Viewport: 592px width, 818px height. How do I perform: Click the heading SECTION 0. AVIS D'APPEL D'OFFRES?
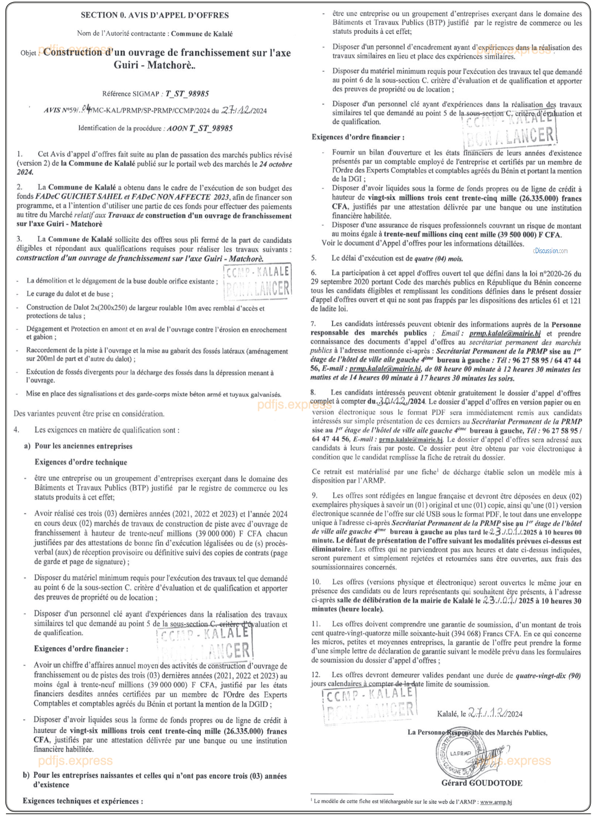coord(154,15)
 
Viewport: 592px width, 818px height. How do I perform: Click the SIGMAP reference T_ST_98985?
coord(187,93)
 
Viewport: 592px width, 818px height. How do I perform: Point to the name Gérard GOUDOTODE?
coord(482,782)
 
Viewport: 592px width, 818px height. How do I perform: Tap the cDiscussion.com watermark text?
coord(550,251)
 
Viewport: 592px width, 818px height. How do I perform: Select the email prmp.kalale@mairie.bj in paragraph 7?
coord(505,334)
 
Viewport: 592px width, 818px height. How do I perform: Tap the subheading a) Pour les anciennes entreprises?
coord(83,446)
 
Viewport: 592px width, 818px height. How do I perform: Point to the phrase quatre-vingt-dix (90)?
coord(548,676)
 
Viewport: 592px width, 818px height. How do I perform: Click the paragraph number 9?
coord(314,495)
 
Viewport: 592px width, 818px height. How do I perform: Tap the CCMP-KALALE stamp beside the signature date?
coord(369,704)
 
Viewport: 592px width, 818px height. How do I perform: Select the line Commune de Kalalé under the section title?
coord(202,34)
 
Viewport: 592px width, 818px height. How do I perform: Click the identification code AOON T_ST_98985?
coord(200,128)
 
